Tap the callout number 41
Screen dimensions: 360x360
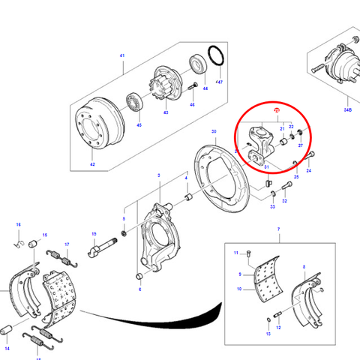click(122, 56)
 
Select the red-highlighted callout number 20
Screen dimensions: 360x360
click(277, 111)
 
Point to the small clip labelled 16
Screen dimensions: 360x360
click(19, 242)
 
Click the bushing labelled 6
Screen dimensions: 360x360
click(139, 280)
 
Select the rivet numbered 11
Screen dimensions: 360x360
click(250, 253)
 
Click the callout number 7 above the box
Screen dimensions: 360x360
click(277, 229)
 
